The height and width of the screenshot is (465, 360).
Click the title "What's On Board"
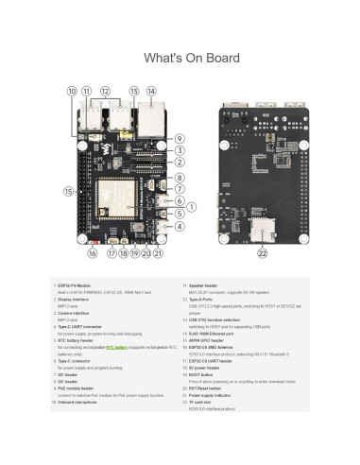pyautogui.click(x=180, y=59)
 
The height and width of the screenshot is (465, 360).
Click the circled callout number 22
pyautogui.click(x=262, y=253)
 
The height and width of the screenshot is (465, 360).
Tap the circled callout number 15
pyautogui.click(x=67, y=191)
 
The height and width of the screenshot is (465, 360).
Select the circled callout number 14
pyautogui.click(x=150, y=91)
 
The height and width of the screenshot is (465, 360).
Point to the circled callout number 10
pyautogui.click(x=72, y=91)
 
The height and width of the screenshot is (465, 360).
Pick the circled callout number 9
pyautogui.click(x=179, y=139)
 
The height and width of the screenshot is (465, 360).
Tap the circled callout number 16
pyautogui.click(x=93, y=253)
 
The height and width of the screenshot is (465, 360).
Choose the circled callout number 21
pyautogui.click(x=158, y=253)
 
